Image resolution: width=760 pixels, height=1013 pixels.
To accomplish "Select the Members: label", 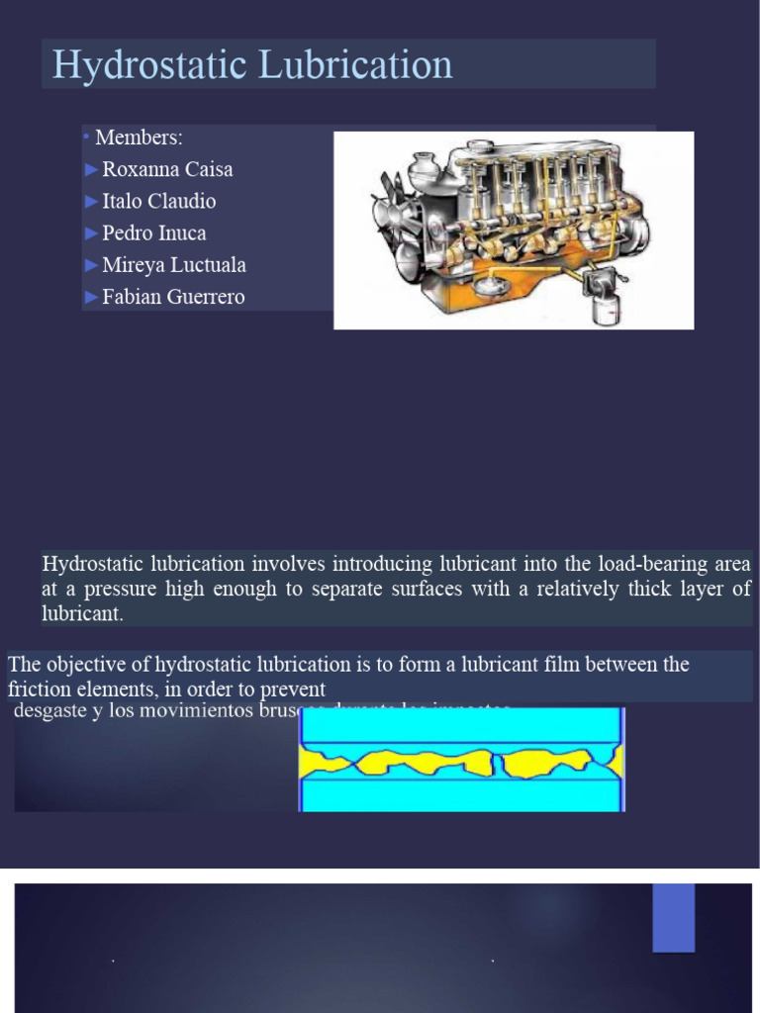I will click(x=139, y=138).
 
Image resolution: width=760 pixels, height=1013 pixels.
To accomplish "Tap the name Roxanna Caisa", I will click(x=167, y=169).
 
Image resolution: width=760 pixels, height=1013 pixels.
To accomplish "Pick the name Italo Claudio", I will click(x=158, y=201).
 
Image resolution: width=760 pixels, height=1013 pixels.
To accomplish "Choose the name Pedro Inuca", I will click(x=153, y=233).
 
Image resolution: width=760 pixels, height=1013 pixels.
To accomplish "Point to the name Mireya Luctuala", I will click(x=174, y=265).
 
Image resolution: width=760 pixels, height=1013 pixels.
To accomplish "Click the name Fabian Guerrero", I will click(x=173, y=297).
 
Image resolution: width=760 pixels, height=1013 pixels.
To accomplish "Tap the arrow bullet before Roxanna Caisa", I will click(x=93, y=170).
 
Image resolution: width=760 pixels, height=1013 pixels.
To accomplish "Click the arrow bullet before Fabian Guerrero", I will click(x=93, y=297).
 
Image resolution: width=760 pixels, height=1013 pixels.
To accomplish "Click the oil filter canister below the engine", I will click(x=604, y=309).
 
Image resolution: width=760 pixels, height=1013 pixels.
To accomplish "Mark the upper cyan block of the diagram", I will click(x=461, y=725).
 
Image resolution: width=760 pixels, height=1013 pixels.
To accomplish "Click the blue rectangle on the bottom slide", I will click(x=673, y=917).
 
